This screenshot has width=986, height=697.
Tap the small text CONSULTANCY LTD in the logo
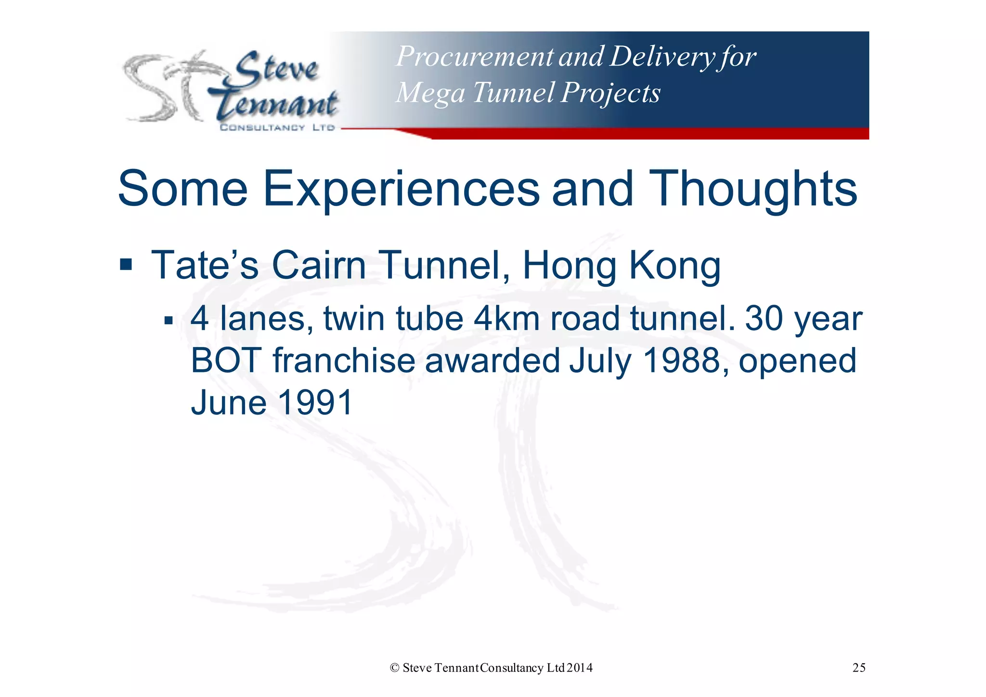pos(277,128)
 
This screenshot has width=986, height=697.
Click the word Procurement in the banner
pos(474,57)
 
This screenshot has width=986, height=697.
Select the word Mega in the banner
pos(429,93)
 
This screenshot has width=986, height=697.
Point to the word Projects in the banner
pos(610,92)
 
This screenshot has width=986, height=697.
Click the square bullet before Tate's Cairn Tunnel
pos(126,264)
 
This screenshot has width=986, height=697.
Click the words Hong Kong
pos(622,265)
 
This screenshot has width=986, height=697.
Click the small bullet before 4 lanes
pos(168,320)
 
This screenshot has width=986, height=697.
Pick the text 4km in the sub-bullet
pos(506,319)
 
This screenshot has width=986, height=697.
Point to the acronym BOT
pos(226,361)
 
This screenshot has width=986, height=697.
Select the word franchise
pos(344,361)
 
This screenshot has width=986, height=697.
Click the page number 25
pos(859,668)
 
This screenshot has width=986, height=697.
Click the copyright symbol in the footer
pos(394,668)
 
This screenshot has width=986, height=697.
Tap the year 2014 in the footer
pos(580,668)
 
